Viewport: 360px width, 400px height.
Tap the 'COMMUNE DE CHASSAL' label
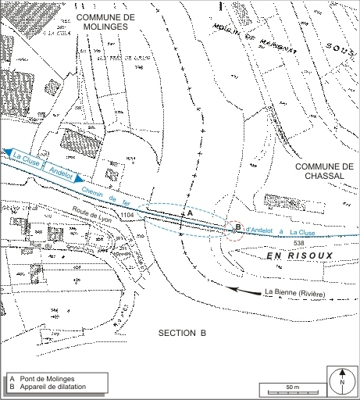(x=325, y=171)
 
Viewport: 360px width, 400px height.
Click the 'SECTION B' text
(x=182, y=332)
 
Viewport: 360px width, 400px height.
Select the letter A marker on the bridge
(x=187, y=212)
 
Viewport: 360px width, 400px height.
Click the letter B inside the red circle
(x=237, y=227)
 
